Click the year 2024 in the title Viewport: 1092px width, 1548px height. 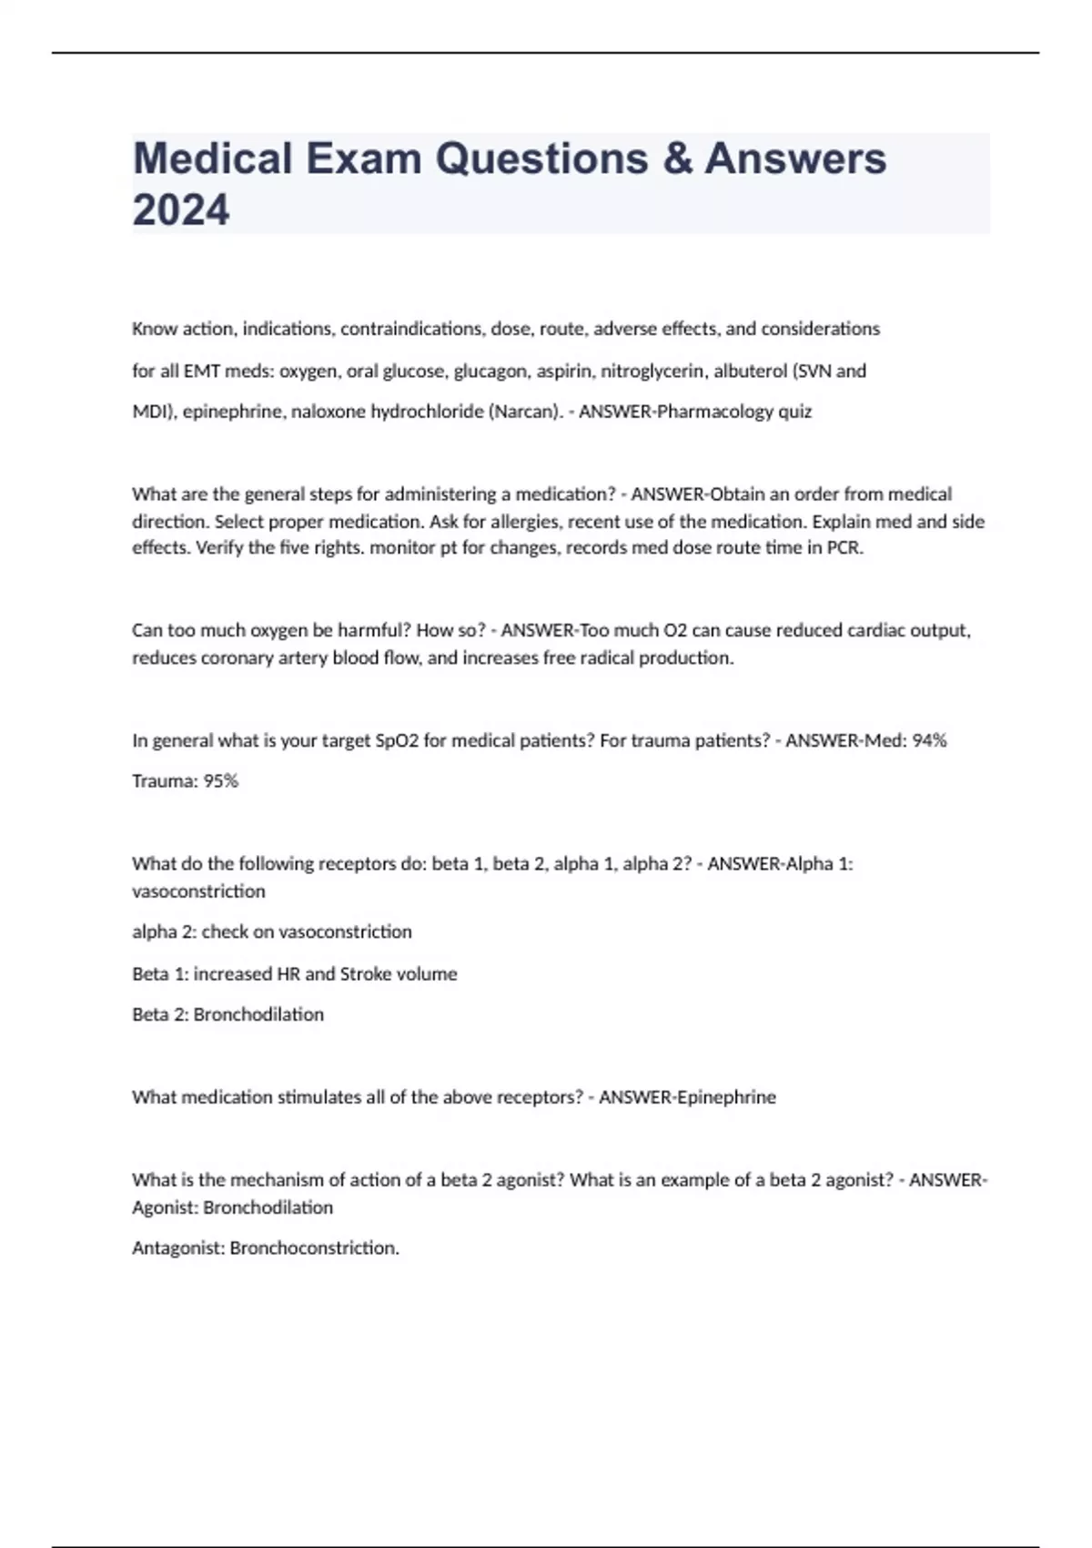tap(181, 209)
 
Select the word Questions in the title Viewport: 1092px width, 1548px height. tap(541, 158)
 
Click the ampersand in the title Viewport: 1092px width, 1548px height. tap(677, 158)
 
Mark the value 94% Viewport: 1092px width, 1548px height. tap(929, 740)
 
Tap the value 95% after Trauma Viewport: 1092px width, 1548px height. tap(221, 781)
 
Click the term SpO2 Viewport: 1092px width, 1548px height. tap(397, 740)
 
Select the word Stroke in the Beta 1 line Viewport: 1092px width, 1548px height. tap(365, 973)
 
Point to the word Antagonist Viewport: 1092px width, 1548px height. tap(178, 1248)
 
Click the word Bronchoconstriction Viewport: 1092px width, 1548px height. tap(314, 1248)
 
